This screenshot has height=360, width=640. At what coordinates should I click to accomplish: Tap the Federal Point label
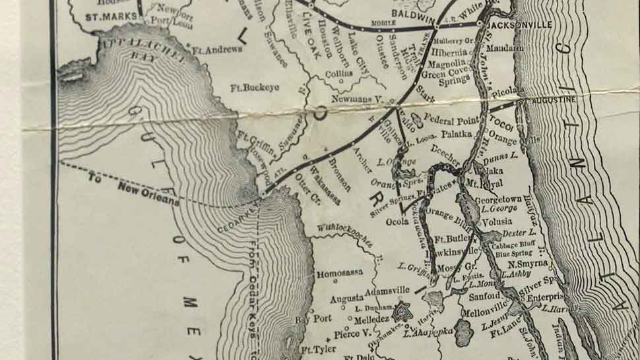(449, 120)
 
